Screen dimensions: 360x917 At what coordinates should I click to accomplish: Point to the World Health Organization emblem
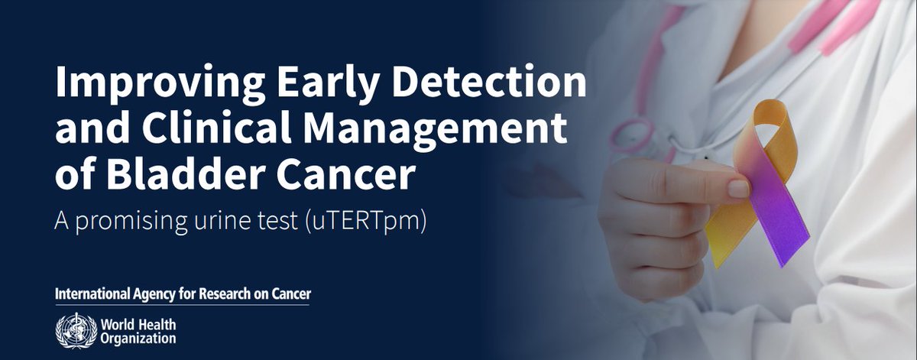tap(72, 329)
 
